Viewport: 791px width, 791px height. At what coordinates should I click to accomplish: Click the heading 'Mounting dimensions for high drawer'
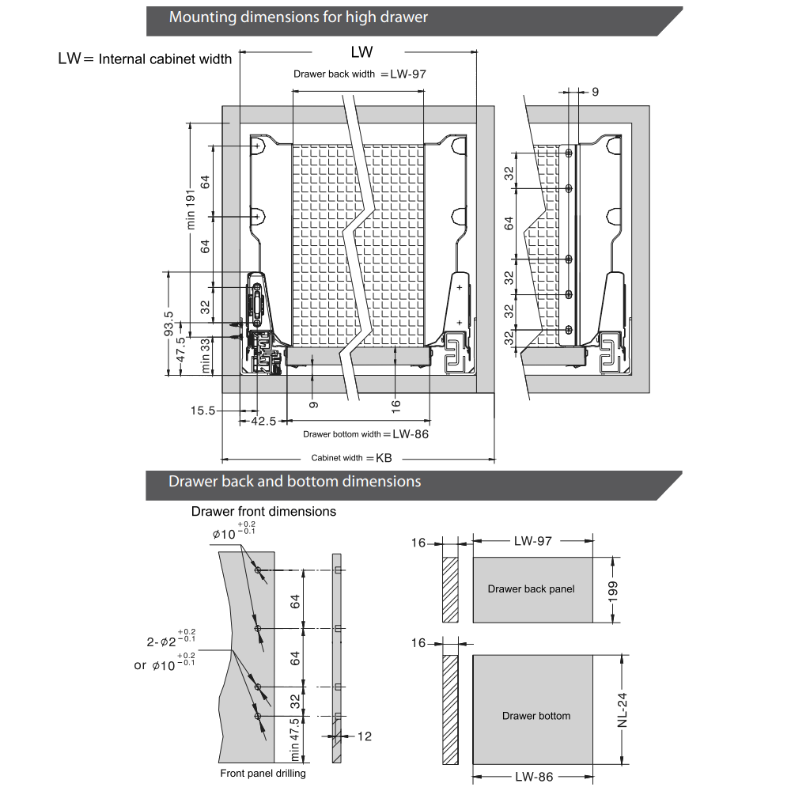(x=297, y=17)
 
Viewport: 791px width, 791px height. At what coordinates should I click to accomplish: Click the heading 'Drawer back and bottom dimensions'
(x=294, y=482)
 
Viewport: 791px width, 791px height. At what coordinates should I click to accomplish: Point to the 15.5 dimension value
(x=203, y=411)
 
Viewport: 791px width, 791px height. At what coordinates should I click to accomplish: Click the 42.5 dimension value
(x=263, y=422)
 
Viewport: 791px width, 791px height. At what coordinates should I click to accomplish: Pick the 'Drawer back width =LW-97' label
(x=360, y=74)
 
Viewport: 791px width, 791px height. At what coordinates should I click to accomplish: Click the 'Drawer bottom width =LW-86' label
(x=365, y=434)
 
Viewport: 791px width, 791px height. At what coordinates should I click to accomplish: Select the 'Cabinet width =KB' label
(x=351, y=458)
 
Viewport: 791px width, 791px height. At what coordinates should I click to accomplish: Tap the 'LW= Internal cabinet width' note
(x=146, y=59)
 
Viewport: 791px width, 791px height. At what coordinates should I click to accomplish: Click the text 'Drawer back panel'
(x=531, y=589)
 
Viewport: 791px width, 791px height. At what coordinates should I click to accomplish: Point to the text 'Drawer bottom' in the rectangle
(x=536, y=716)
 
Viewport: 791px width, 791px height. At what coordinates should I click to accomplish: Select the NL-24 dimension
(x=623, y=710)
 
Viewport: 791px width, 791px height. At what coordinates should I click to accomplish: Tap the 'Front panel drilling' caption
(x=263, y=774)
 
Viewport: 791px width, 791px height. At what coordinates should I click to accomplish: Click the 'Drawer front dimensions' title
(x=263, y=512)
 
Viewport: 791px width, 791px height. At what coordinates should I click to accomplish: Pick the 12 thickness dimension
(x=365, y=736)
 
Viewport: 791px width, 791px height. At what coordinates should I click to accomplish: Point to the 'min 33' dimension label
(x=205, y=355)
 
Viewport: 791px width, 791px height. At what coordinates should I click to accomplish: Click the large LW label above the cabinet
(x=361, y=52)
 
